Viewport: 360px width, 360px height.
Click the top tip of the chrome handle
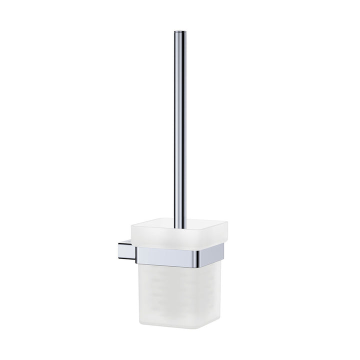(178, 32)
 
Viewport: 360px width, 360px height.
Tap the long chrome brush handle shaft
(178, 125)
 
